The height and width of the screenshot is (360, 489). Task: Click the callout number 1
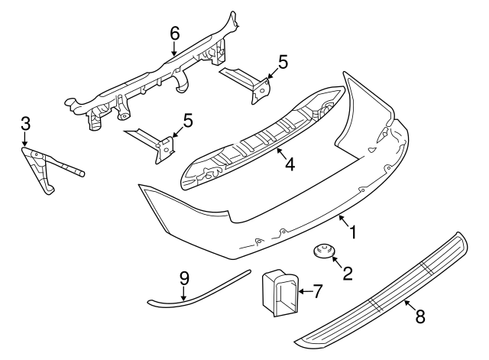352,231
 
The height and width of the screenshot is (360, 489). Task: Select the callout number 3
25,122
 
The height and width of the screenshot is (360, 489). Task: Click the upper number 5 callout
283,62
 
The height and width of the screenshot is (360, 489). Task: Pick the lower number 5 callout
186,120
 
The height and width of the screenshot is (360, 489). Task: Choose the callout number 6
173,33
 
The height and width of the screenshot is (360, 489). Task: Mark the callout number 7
319,290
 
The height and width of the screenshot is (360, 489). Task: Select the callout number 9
184,278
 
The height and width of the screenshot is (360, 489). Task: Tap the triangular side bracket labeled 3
38,168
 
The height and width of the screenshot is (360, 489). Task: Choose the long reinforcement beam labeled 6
153,84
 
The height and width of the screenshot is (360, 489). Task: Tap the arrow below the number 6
173,49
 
